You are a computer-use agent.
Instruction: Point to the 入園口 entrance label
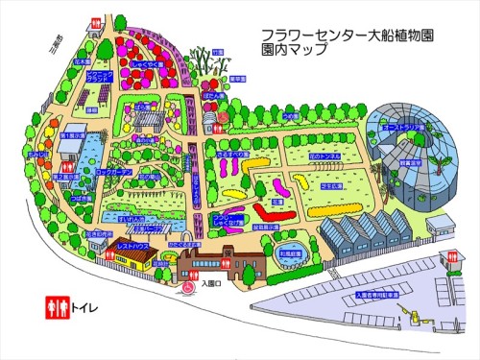(213, 282)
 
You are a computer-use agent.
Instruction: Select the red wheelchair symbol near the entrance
(188, 285)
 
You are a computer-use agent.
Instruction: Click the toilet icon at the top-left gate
(95, 22)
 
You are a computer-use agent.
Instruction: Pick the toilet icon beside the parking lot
(451, 256)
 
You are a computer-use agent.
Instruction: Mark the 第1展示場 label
(70, 137)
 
